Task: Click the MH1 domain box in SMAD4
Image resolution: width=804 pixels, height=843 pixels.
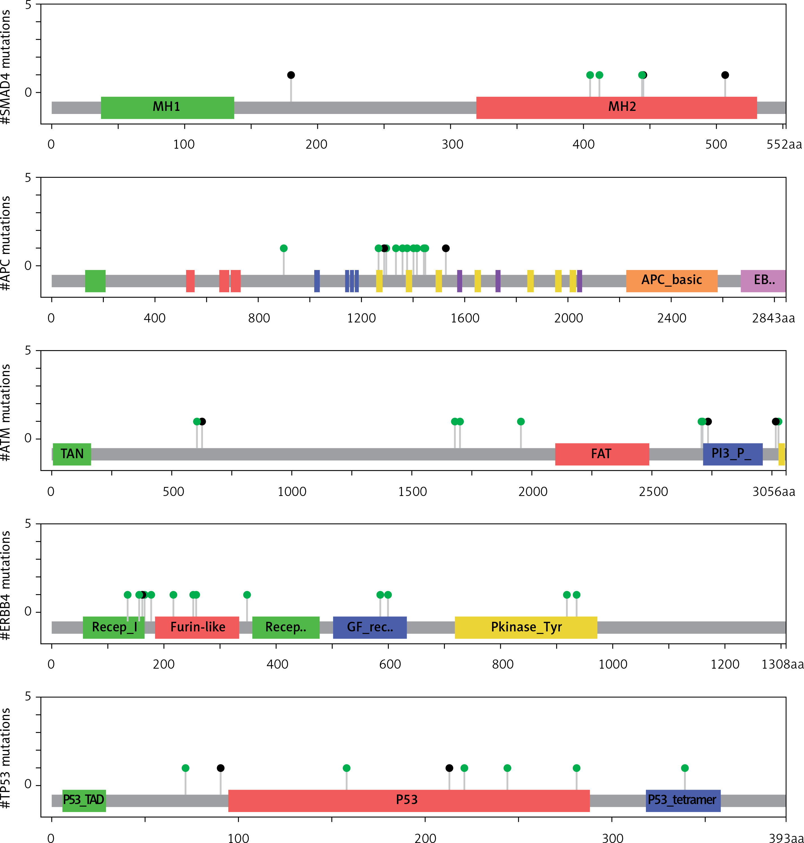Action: pos(167,107)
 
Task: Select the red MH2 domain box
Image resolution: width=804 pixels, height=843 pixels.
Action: pos(616,107)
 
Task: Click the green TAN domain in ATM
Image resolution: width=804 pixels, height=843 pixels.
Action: pos(72,454)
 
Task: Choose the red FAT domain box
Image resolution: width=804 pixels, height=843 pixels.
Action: pos(602,454)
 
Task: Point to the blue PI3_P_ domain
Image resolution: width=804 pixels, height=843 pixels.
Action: pos(732,454)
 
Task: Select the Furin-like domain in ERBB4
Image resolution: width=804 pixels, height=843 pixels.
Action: pos(197,627)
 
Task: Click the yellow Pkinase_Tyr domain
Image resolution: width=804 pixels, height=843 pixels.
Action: pos(526,627)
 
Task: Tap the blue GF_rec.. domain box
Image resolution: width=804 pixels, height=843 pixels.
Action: pos(370,627)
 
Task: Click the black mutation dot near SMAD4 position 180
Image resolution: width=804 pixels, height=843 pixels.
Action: pos(291,75)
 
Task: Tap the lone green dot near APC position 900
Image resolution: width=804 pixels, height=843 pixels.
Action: pos(284,249)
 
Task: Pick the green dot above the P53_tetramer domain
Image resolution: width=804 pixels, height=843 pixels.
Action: pos(685,768)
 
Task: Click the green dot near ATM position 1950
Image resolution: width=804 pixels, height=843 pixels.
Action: pos(521,421)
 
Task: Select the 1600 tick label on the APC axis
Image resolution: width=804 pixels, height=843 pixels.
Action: pos(465,318)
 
